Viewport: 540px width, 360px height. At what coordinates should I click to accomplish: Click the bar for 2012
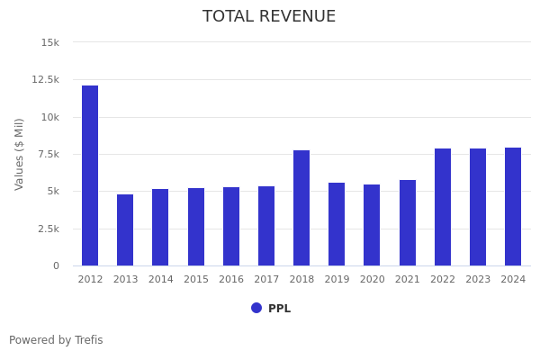tap(90, 175)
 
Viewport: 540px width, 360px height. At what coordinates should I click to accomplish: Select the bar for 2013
tap(125, 229)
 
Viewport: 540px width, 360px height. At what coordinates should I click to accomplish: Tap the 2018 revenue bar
tap(301, 208)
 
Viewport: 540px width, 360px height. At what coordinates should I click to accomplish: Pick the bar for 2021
tap(408, 222)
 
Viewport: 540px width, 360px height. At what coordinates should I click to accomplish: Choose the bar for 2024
tap(513, 206)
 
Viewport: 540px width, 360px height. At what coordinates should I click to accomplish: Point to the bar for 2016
tap(231, 226)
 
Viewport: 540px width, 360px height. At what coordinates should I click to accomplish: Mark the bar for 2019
tap(337, 224)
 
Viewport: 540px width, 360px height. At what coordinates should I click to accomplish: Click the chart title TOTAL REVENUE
tap(269, 17)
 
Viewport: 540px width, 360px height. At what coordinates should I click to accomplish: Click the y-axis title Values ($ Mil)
tap(20, 154)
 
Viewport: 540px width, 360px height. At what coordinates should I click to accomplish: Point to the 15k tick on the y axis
tap(50, 42)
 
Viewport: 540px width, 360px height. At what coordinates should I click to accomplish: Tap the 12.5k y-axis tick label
tap(46, 79)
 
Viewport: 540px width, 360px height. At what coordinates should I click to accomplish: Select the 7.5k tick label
tap(49, 154)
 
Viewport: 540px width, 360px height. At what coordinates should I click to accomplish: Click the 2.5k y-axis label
tap(49, 229)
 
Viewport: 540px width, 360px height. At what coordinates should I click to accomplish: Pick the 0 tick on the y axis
tap(56, 266)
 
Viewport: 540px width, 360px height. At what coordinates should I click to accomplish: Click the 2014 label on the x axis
tap(160, 280)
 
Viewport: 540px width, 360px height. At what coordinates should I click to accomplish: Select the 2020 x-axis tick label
tap(372, 280)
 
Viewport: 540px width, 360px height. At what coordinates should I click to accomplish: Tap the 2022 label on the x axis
tap(443, 280)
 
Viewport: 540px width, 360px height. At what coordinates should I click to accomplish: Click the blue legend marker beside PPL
tap(256, 308)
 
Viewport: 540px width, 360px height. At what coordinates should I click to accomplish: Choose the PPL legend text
tap(279, 309)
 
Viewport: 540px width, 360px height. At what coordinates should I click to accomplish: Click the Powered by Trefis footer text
tap(56, 340)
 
